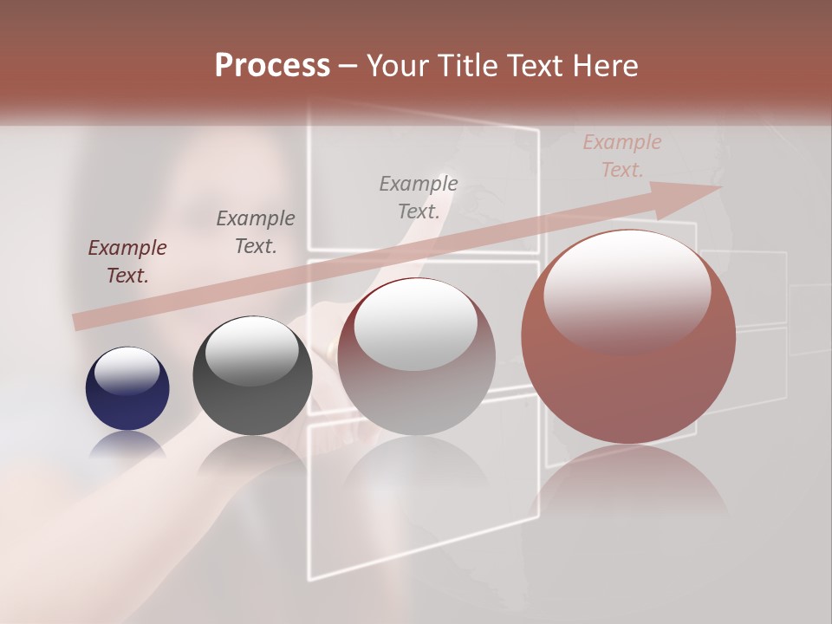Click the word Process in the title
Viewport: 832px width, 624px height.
coord(272,66)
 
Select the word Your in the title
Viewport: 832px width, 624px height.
coord(396,66)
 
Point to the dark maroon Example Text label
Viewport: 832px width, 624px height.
coord(127,261)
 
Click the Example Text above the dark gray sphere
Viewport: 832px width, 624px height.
coord(256,231)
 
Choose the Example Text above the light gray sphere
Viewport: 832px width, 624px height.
coord(419,197)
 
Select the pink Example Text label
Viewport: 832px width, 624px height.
coord(621,156)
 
